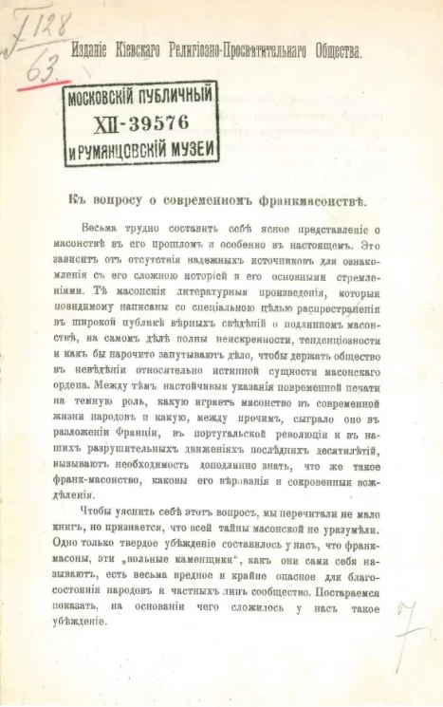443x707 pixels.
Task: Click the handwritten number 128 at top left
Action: pos(42,18)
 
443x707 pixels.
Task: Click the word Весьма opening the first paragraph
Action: pos(102,229)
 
